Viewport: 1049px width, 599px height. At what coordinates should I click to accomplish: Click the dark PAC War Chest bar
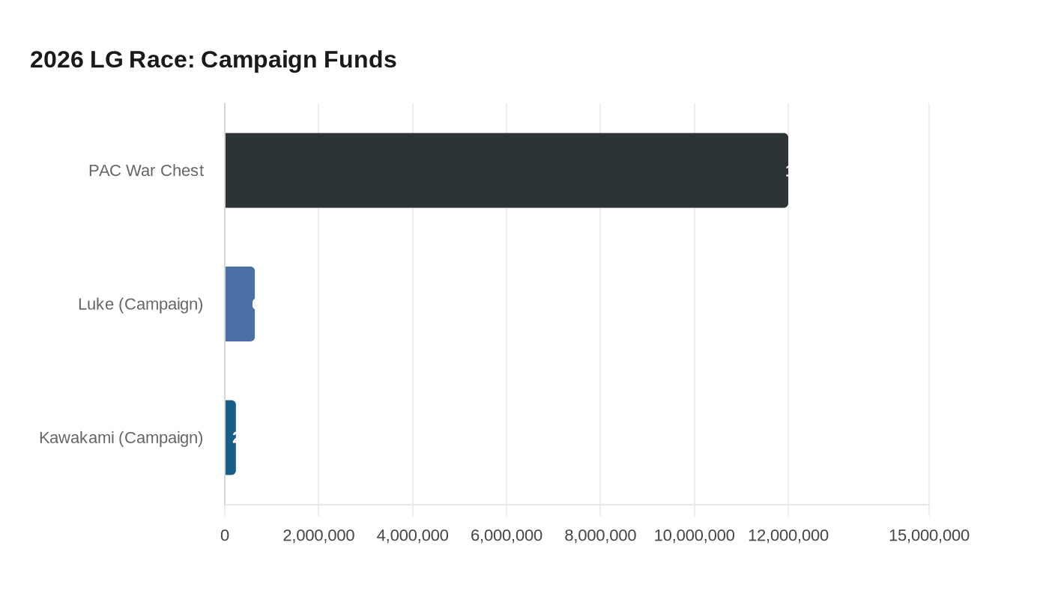click(507, 170)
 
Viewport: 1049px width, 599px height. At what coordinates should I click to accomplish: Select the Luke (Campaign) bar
click(240, 304)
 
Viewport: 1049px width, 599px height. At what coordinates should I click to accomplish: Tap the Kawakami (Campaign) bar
click(230, 437)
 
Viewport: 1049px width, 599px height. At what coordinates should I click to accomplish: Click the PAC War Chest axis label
click(146, 171)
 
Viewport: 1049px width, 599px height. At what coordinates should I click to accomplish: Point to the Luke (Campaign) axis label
click(141, 304)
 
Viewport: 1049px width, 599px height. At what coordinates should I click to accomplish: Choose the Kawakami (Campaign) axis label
click(121, 437)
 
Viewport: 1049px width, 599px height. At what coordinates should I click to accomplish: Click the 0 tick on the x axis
click(225, 535)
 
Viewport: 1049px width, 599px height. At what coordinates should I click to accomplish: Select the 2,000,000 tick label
click(318, 535)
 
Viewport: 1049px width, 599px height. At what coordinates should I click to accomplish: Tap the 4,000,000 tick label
click(413, 535)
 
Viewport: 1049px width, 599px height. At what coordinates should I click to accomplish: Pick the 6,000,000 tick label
click(507, 535)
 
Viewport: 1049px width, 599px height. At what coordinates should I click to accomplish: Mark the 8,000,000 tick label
click(600, 535)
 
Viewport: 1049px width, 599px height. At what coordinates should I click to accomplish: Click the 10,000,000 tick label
click(695, 535)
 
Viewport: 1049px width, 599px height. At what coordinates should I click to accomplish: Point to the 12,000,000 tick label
click(788, 535)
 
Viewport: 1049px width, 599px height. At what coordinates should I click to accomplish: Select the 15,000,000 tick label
click(929, 535)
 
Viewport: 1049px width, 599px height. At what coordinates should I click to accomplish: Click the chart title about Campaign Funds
click(214, 59)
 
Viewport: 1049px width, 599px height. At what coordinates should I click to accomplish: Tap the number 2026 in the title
click(57, 59)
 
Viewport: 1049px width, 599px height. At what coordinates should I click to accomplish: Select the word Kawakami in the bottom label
click(76, 437)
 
